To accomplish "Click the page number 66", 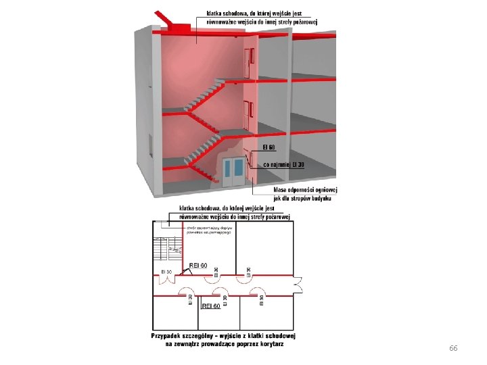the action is tap(453, 348).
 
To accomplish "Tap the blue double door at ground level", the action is tap(235, 171).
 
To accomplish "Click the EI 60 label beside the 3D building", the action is tap(269, 147).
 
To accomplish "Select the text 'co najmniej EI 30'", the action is tap(283, 164).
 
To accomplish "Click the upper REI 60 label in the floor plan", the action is tap(198, 265).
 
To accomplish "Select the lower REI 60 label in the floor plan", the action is tap(211, 306).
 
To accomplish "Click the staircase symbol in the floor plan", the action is tap(165, 253).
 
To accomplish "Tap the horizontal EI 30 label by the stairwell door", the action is tap(166, 272).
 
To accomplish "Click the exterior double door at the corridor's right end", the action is tap(298, 285).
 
